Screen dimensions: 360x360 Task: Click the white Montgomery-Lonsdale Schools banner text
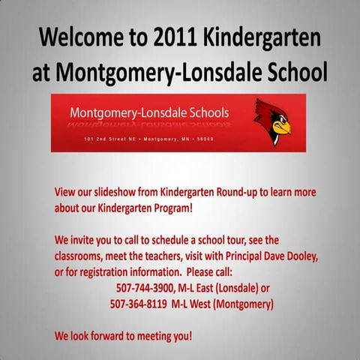149,113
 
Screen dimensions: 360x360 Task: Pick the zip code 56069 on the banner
203,140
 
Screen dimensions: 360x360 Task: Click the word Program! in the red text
172,207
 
